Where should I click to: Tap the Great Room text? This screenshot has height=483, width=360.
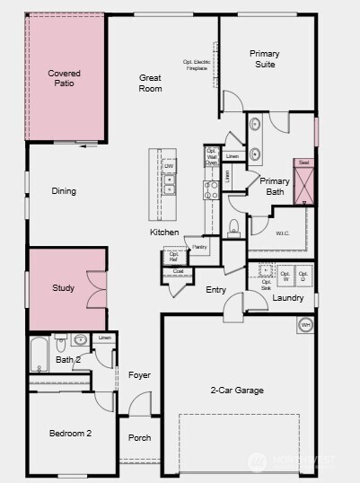tap(150, 83)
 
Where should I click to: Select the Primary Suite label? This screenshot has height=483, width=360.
tap(264, 59)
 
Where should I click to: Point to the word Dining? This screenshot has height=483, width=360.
tap(64, 191)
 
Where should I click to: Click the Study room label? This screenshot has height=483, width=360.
tap(63, 288)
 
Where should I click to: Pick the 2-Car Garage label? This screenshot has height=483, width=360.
tap(237, 391)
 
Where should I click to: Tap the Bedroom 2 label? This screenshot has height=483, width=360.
tap(70, 434)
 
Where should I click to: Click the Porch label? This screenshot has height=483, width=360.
tap(139, 438)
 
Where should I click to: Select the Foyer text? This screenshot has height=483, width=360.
tap(139, 375)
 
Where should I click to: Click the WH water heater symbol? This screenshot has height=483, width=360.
tap(305, 325)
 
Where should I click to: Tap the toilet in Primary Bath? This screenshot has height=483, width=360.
tap(233, 226)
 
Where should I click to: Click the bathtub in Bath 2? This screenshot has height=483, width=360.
tap(40, 355)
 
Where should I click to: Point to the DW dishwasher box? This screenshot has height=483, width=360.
tap(168, 166)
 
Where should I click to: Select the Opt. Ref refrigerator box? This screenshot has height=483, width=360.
tap(174, 257)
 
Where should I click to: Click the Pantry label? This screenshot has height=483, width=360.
tap(199, 247)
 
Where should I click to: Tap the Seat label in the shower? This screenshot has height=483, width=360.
tap(303, 162)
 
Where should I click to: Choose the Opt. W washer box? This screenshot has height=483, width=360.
tap(285, 276)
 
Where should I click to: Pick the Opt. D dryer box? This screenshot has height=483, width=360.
tap(304, 276)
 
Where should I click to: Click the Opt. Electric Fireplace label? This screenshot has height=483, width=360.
tap(196, 65)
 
